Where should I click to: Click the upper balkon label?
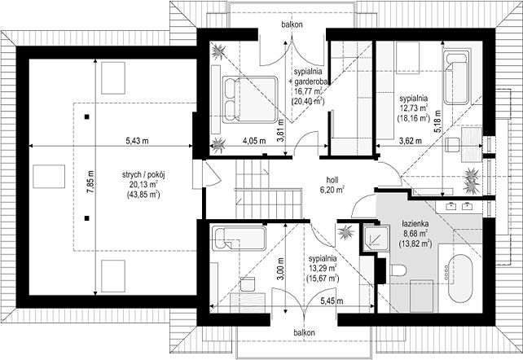292,24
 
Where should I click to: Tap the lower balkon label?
304,332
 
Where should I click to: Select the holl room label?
332,180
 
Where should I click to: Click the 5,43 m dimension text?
137,141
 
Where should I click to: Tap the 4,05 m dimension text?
254,141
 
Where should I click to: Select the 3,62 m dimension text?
411,141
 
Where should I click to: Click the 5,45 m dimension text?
332,301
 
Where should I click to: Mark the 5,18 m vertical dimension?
437,121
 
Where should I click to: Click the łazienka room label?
415,224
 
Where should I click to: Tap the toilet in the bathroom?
398,270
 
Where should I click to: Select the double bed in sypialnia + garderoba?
250,99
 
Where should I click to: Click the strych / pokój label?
143,175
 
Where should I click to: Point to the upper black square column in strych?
86,116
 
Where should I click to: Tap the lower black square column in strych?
86,218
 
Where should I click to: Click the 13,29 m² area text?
323,267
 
